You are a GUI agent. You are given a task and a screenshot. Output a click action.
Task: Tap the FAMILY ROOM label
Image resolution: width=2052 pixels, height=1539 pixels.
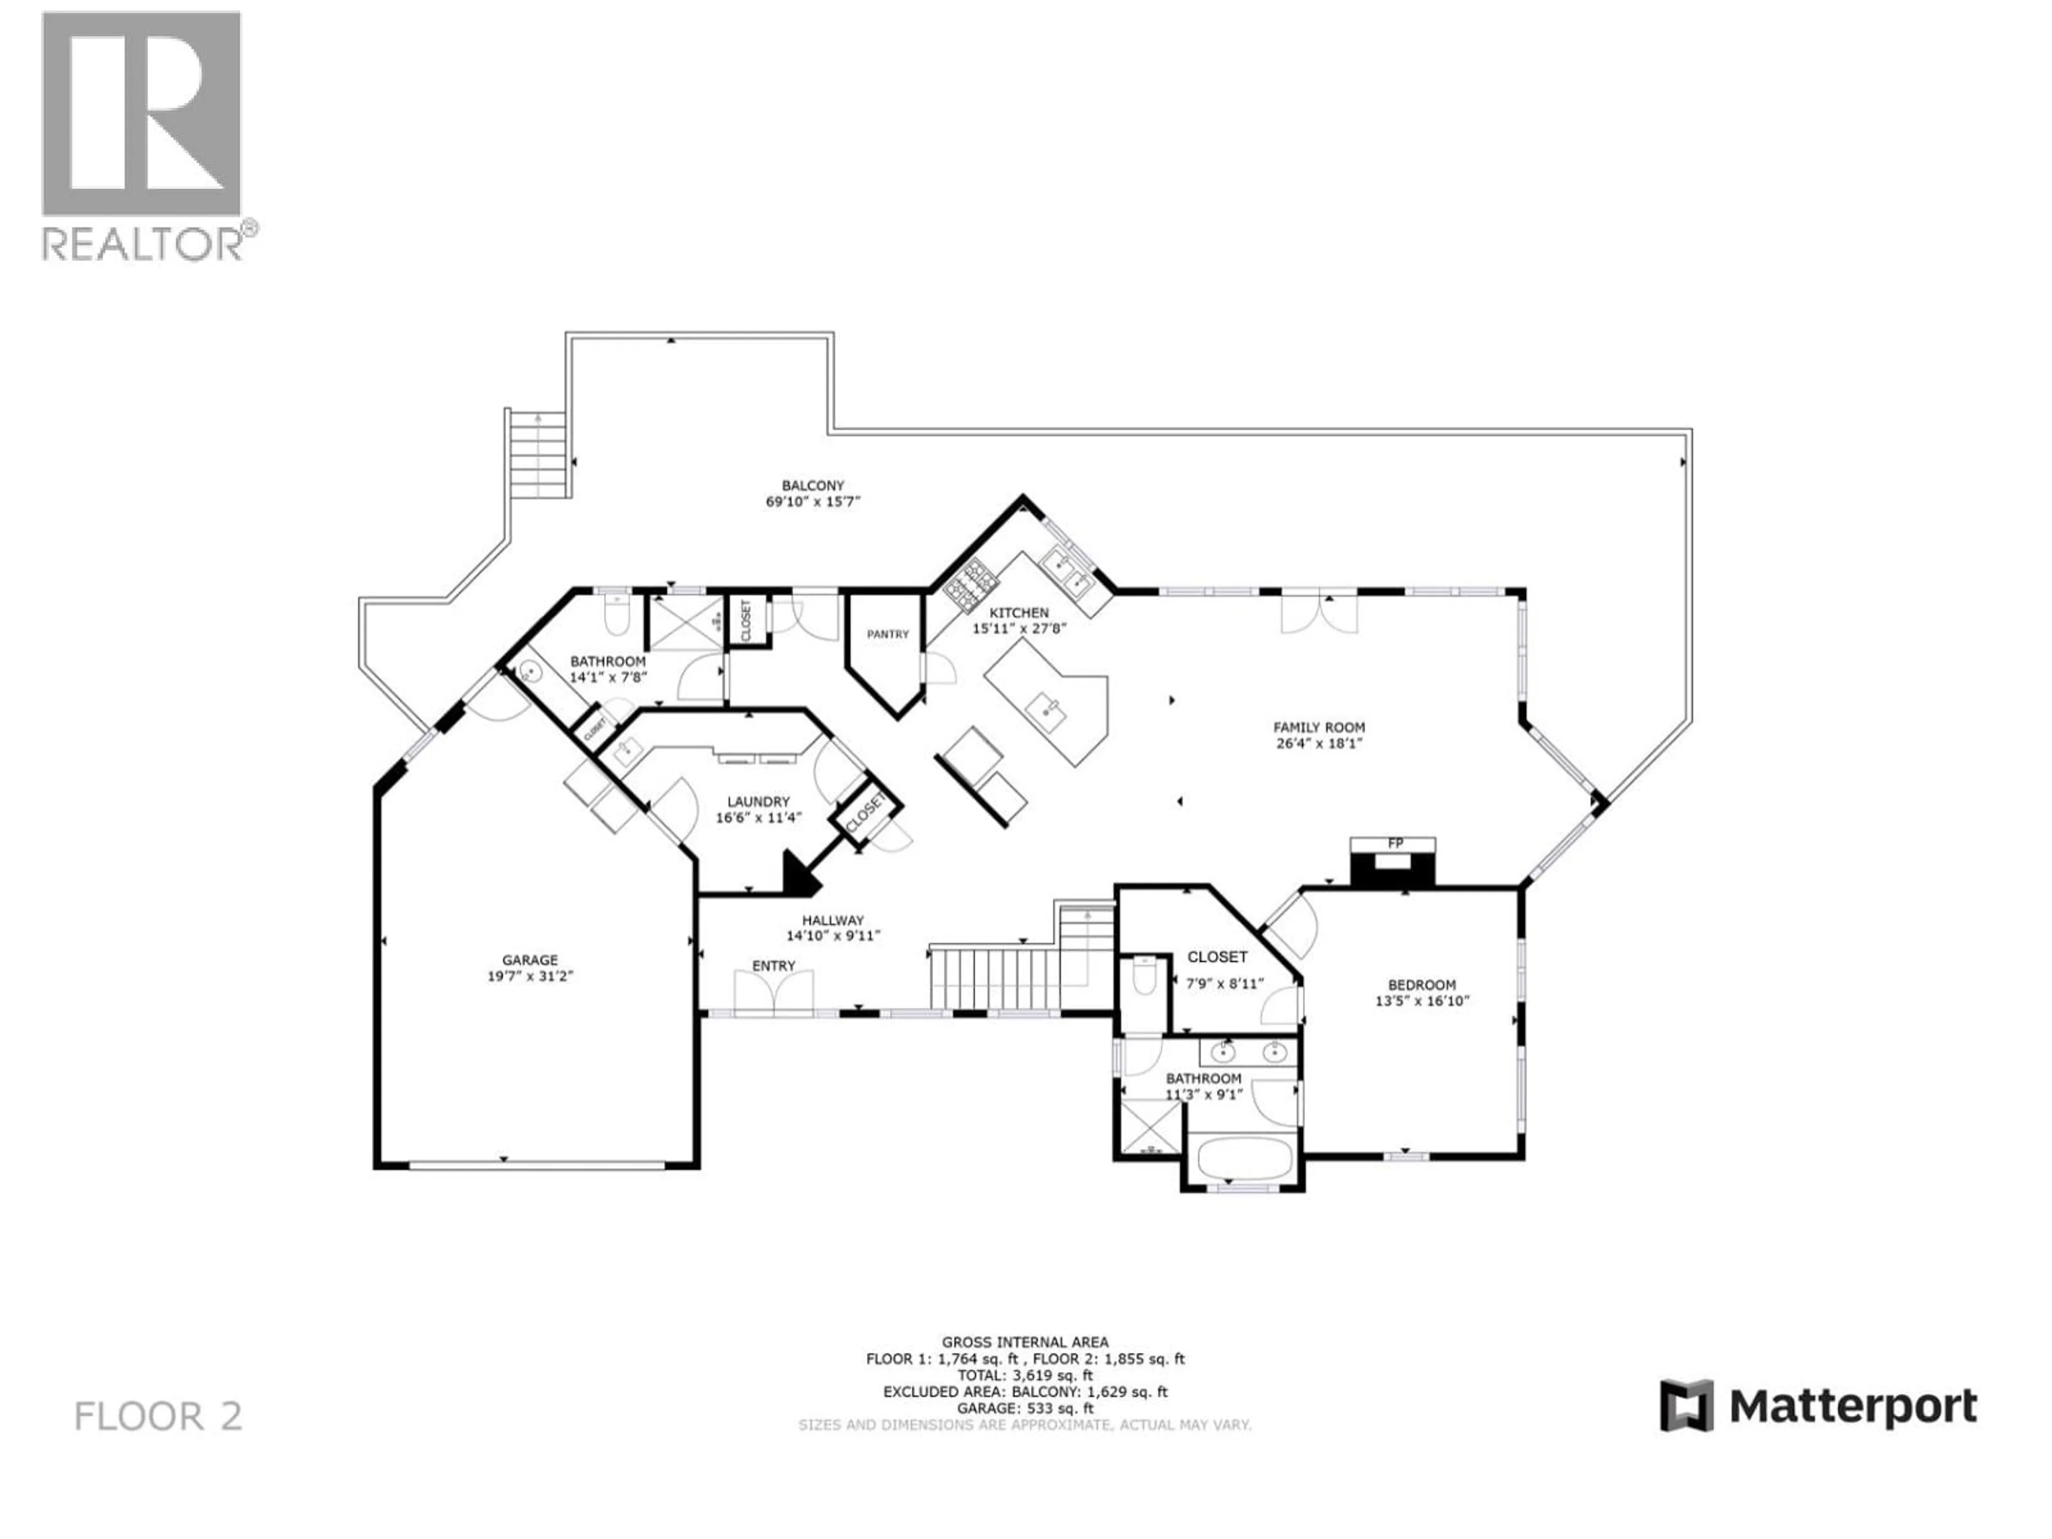click(1318, 727)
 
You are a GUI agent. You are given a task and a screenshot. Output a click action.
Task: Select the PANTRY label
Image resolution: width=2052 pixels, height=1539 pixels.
click(888, 634)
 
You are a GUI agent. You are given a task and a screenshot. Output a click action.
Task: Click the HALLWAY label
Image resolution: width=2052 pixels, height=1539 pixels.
click(832, 920)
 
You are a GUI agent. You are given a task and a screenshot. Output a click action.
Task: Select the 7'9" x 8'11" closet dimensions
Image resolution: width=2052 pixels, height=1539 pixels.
click(1225, 983)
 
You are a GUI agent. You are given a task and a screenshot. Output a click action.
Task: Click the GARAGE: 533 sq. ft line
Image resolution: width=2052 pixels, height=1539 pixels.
click(1024, 1408)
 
